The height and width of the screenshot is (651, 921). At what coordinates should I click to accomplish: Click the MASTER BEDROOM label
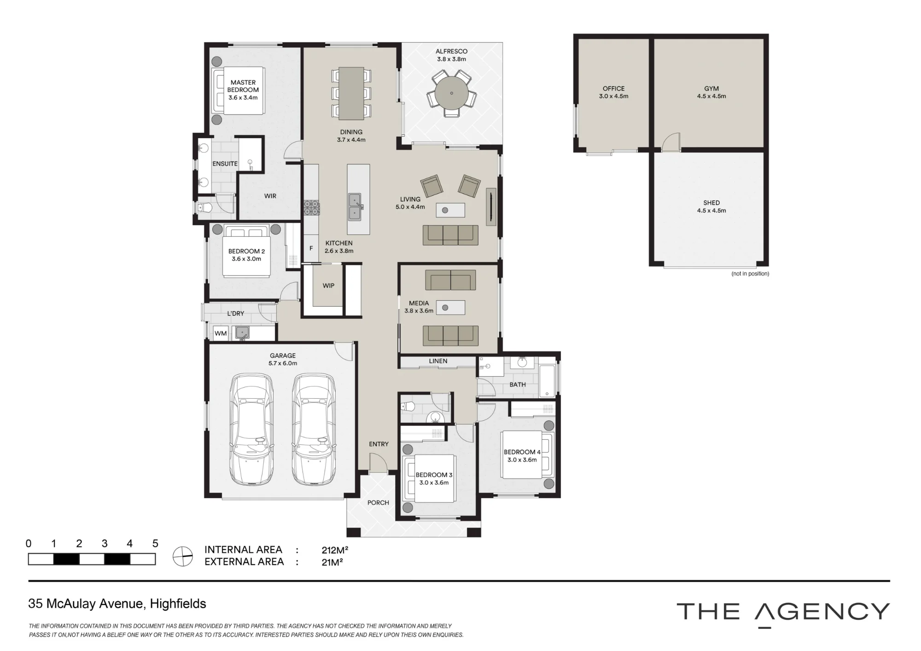pos(243,86)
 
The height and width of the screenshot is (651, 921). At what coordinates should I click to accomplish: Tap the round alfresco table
pos(451,93)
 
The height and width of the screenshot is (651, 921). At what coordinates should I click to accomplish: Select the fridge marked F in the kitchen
pos(311,249)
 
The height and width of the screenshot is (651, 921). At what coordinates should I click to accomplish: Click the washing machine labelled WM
pos(221,333)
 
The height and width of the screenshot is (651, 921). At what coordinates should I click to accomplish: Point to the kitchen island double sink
pos(355,207)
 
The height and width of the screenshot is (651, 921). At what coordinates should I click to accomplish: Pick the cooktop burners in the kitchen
pos(311,208)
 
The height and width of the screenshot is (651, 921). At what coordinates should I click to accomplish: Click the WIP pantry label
pos(328,285)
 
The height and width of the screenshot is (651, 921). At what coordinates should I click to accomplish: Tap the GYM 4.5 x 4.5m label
pos(711,92)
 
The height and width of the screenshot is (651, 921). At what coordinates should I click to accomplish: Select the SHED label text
pos(711,203)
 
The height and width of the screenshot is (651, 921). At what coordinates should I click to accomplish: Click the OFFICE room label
pos(614,88)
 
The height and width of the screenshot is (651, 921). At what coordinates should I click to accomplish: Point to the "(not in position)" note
pos(750,274)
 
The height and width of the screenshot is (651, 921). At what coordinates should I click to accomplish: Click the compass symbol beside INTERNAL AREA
pos(183,556)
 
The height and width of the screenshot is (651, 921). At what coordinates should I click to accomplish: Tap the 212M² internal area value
pos(335,550)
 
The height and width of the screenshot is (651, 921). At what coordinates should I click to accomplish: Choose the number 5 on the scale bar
pos(155,543)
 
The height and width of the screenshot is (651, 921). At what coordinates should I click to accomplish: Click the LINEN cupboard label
pos(438,361)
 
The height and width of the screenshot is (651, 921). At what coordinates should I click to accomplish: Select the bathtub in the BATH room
pos(548,381)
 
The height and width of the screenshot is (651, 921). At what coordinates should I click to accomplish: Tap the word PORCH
pos(378,503)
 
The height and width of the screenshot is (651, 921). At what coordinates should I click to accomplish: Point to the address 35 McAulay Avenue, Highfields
pos(117,604)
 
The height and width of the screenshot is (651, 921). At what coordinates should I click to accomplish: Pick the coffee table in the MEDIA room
pos(450,308)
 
